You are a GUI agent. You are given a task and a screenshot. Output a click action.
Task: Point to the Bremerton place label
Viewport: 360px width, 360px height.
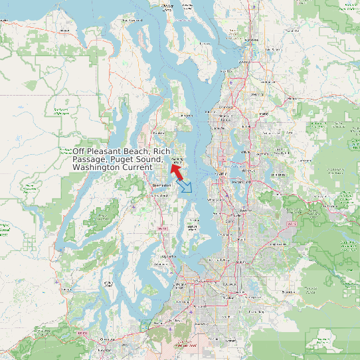(161, 184)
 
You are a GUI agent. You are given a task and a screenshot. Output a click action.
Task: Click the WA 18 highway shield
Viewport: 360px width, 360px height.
(290, 224)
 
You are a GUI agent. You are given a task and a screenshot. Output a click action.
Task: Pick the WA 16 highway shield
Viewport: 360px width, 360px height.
(159, 228)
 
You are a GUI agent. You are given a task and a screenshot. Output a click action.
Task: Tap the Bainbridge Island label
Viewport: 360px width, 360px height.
(175, 161)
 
